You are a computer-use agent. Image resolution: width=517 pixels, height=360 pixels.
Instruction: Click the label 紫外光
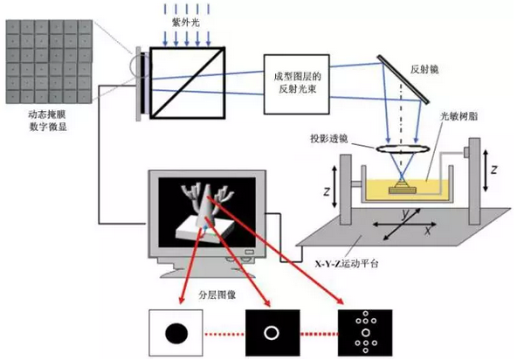(x=186, y=23)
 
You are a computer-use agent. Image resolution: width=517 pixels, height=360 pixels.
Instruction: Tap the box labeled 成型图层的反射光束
(x=297, y=84)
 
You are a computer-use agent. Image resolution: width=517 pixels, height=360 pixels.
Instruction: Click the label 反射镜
(x=424, y=70)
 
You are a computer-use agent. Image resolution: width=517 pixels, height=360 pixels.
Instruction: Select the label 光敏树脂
(x=459, y=116)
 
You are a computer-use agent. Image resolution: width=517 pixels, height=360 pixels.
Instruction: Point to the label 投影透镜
(x=328, y=139)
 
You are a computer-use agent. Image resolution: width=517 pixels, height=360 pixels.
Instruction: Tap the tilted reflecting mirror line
(x=403, y=80)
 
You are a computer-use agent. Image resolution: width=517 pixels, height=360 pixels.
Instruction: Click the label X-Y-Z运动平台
(x=347, y=264)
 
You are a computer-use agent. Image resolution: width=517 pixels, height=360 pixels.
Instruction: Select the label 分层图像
(x=217, y=294)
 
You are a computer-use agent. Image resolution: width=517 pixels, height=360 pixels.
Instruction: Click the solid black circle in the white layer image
(x=176, y=333)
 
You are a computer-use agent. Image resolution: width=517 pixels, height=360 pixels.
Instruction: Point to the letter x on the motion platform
(x=428, y=230)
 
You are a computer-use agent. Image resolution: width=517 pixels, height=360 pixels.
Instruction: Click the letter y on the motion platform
(x=406, y=214)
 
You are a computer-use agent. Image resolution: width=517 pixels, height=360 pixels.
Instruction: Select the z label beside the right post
(x=493, y=170)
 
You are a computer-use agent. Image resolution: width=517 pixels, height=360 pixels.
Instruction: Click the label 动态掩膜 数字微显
(x=48, y=121)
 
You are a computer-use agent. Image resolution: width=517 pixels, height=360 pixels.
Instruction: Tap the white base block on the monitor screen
(x=205, y=231)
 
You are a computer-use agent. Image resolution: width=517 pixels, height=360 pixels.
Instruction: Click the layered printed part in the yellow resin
(x=403, y=186)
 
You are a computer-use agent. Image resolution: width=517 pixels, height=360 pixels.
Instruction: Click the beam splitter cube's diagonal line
(x=188, y=82)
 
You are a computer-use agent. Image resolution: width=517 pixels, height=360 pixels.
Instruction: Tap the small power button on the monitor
(x=250, y=253)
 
